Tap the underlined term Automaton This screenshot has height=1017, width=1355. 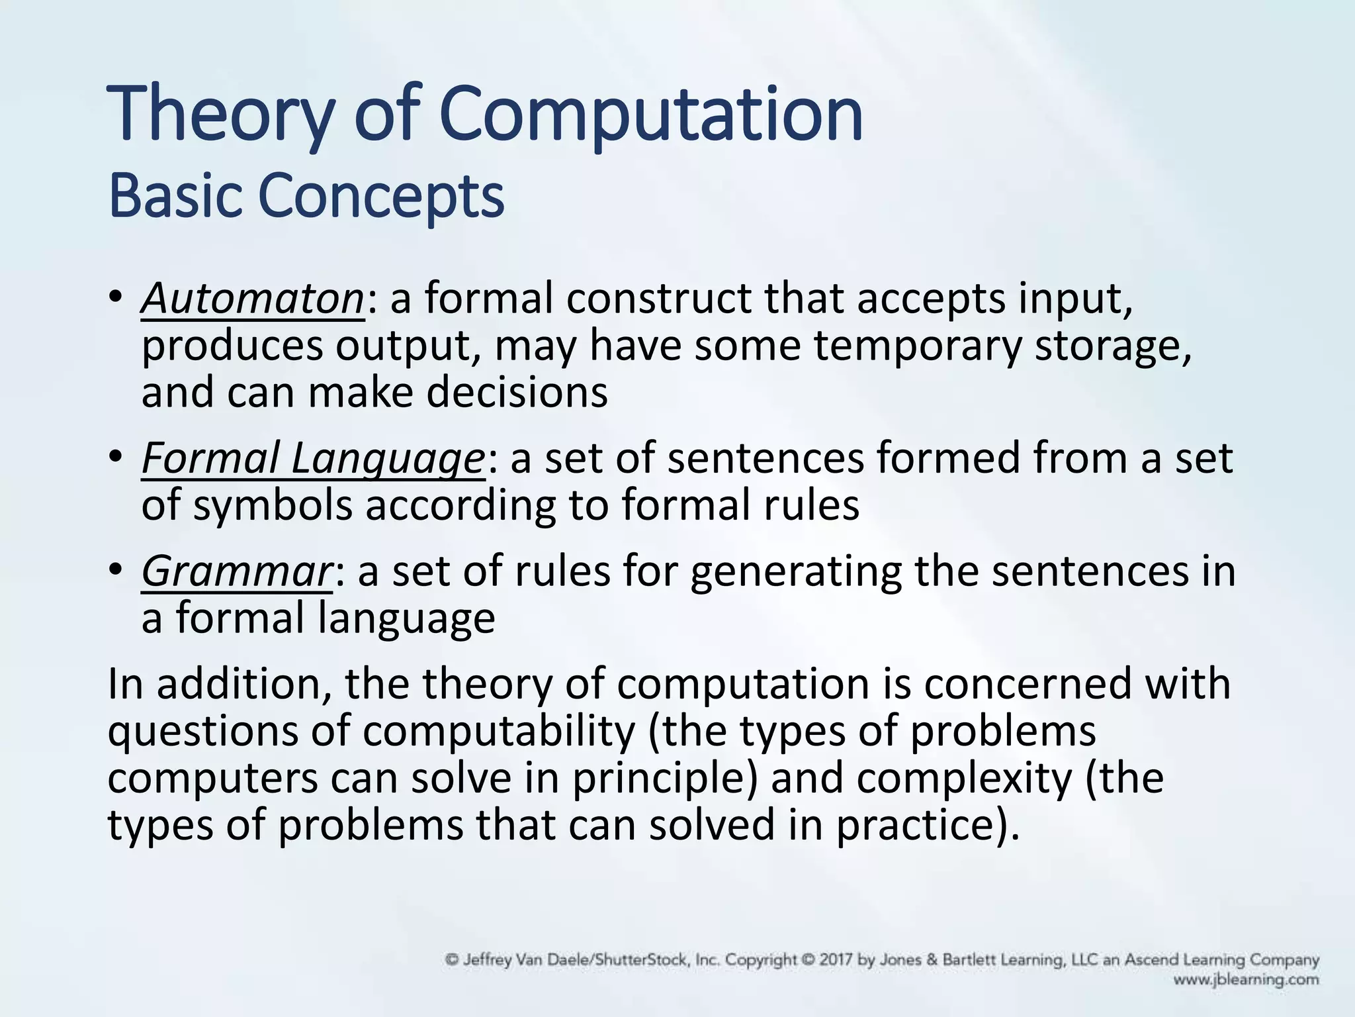click(x=252, y=299)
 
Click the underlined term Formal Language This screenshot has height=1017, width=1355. click(x=313, y=458)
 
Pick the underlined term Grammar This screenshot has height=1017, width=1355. click(x=236, y=571)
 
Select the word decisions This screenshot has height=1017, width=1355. click(x=517, y=392)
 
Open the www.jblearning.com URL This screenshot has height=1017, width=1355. click(x=1246, y=979)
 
